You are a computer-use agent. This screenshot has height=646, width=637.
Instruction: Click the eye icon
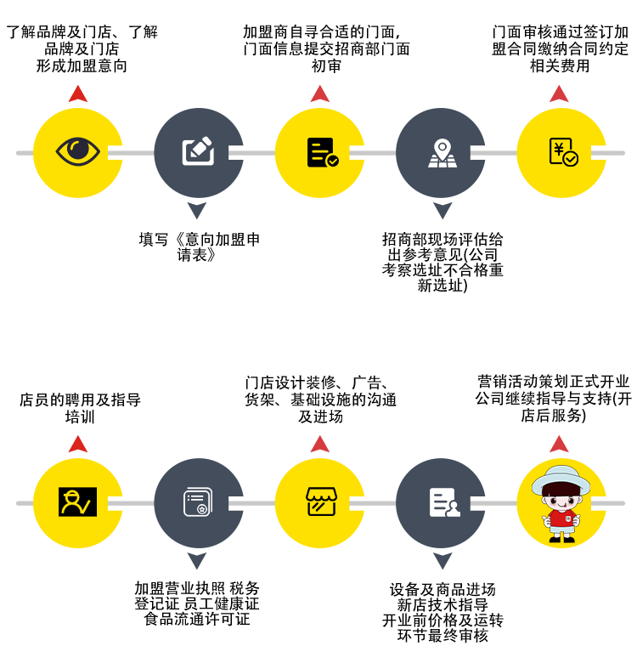pyautogui.click(x=77, y=151)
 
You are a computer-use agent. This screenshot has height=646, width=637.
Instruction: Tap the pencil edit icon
pyautogui.click(x=198, y=150)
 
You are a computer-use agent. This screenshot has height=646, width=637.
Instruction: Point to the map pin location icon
pyautogui.click(x=442, y=152)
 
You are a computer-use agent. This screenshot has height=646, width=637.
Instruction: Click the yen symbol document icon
pyautogui.click(x=562, y=151)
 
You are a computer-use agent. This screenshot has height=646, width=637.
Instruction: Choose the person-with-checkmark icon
pyautogui.click(x=77, y=501)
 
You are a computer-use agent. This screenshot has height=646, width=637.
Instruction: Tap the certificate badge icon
pyautogui.click(x=198, y=501)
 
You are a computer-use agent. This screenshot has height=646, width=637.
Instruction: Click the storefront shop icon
pyautogui.click(x=321, y=501)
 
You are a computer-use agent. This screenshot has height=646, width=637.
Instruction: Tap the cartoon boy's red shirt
pyautogui.click(x=561, y=518)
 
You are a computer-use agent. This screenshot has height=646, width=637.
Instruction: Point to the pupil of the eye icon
pyautogui.click(x=78, y=149)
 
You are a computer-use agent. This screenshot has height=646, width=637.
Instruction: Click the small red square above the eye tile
pyautogui.click(x=78, y=93)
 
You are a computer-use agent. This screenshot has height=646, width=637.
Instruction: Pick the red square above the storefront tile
pyautogui.click(x=320, y=444)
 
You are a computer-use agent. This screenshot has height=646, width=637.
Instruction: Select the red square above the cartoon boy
pyautogui.click(x=559, y=444)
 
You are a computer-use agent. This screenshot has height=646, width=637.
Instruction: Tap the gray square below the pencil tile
pyautogui.click(x=197, y=211)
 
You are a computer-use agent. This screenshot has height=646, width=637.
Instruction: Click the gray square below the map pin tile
pyautogui.click(x=443, y=211)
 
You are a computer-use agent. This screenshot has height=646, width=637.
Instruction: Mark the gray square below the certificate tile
pyautogui.click(x=197, y=561)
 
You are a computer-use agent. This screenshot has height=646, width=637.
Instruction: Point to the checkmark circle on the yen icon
pyautogui.click(x=571, y=159)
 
